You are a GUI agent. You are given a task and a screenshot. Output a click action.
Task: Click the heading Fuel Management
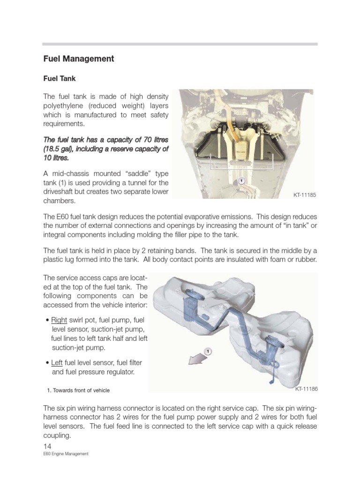[x=78, y=59]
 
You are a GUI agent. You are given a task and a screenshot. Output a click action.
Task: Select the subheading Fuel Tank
[x=60, y=79]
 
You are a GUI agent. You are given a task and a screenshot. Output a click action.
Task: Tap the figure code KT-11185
[x=305, y=195]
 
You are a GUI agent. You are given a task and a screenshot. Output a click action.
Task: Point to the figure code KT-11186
[x=306, y=389]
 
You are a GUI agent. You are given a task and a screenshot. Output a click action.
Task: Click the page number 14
[x=47, y=446]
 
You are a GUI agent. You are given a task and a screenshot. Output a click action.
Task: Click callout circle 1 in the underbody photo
[x=241, y=180]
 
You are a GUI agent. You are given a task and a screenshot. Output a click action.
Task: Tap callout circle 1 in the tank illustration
[x=208, y=351]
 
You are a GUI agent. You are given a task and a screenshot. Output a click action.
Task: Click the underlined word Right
[x=59, y=320]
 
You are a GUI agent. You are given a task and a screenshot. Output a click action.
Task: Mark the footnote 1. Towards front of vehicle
[x=78, y=390]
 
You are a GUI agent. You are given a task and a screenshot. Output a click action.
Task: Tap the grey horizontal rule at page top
[x=180, y=44]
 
